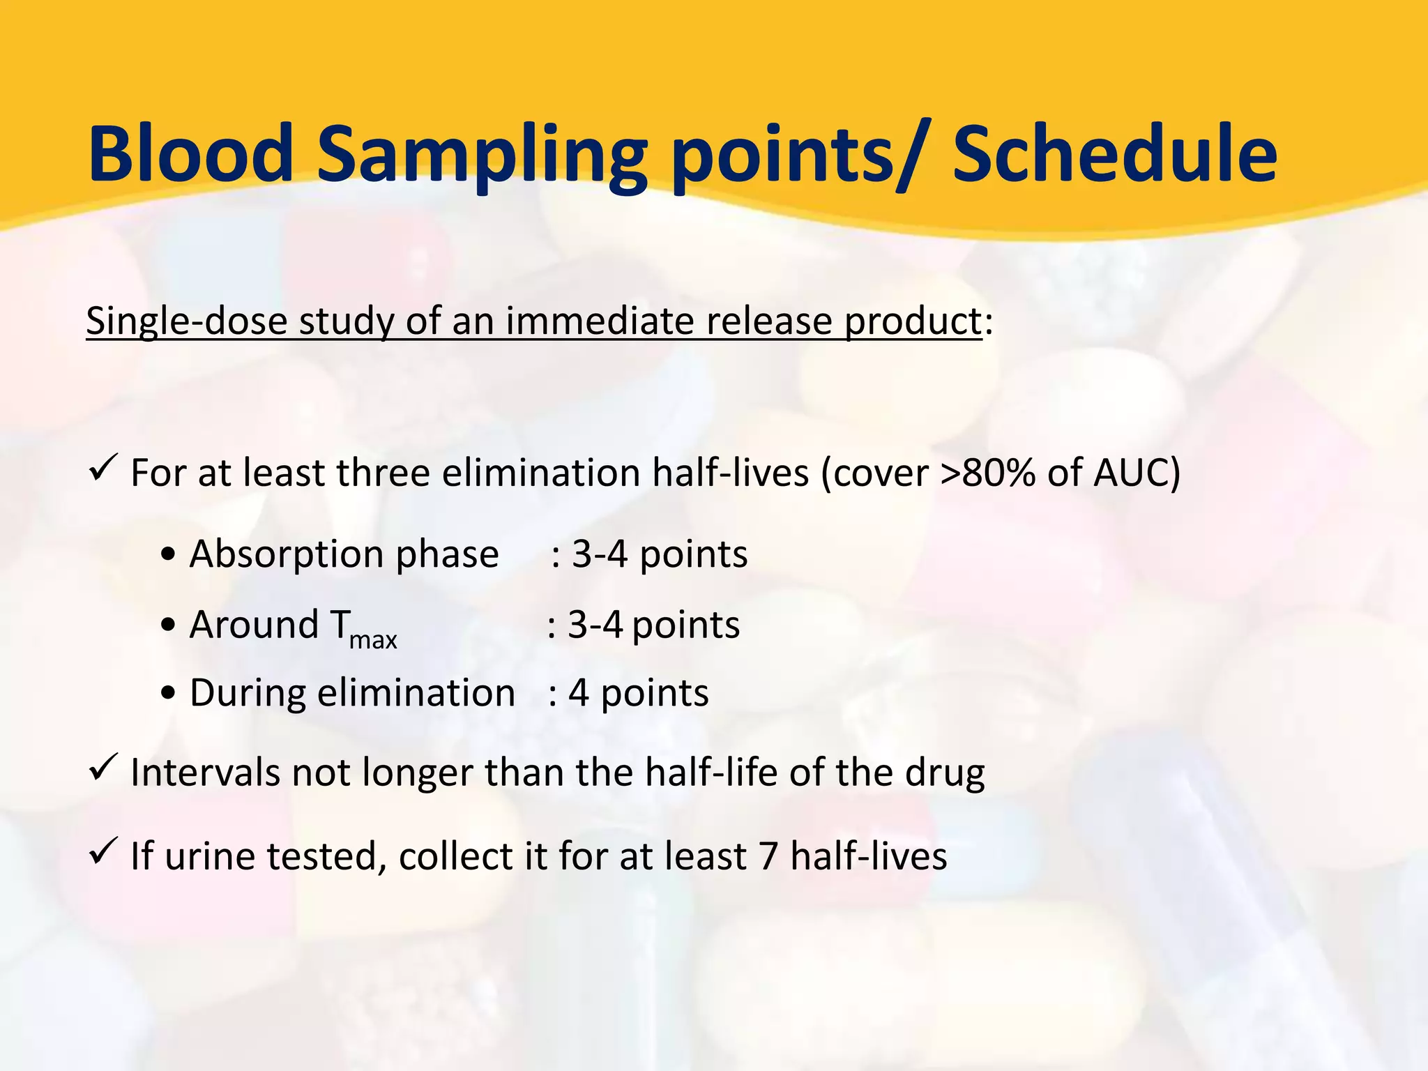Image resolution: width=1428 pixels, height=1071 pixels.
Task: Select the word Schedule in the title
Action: point(1114,153)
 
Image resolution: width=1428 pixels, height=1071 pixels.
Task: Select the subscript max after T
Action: point(373,639)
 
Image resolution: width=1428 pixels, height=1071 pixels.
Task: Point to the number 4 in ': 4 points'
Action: point(578,693)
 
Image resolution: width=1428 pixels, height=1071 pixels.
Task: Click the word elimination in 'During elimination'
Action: point(416,693)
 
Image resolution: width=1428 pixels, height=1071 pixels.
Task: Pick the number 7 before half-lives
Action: point(768,856)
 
